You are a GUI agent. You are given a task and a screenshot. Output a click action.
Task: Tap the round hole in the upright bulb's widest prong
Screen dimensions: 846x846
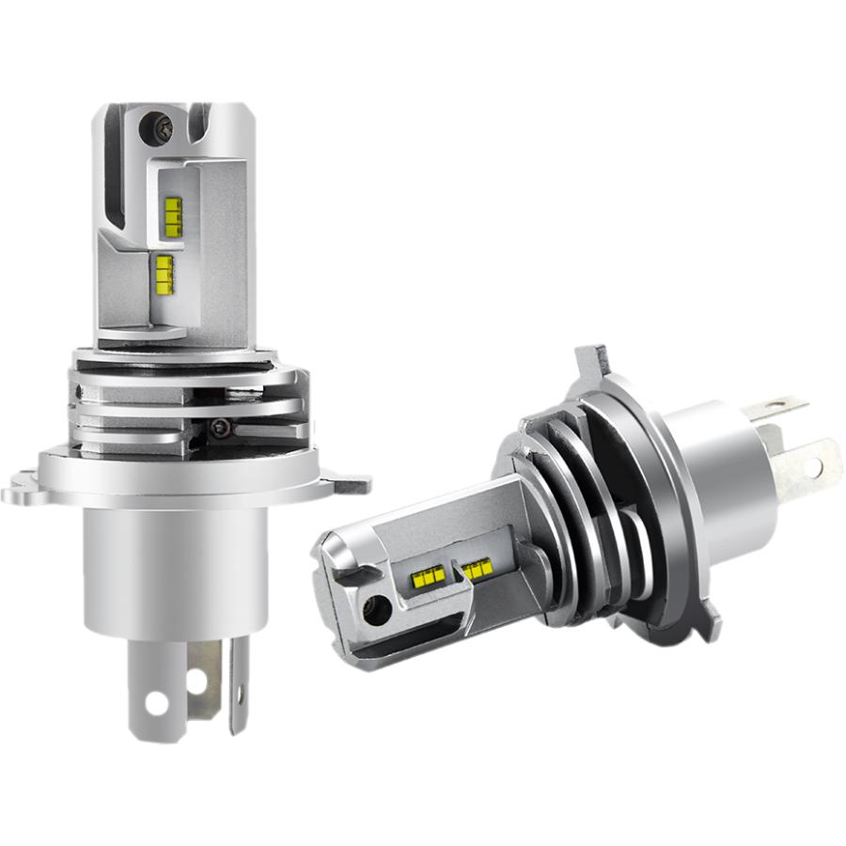[156, 702]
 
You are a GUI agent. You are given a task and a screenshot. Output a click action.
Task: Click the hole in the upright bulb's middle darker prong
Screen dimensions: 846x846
[197, 678]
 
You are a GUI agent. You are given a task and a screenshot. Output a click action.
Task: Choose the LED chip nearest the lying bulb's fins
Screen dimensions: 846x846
[476, 569]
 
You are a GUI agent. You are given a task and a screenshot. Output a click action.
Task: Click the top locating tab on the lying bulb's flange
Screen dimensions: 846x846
[587, 362]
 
